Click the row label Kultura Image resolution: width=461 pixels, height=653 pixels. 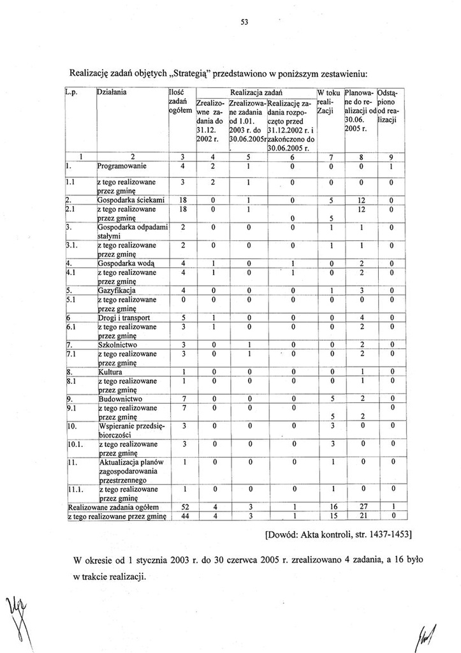tap(110, 372)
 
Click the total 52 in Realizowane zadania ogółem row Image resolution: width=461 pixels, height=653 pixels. tap(182, 507)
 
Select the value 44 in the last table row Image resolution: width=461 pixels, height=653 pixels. tap(182, 516)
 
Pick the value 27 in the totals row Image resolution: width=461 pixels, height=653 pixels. tap(360, 507)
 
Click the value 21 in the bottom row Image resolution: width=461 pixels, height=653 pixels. tap(360, 516)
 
